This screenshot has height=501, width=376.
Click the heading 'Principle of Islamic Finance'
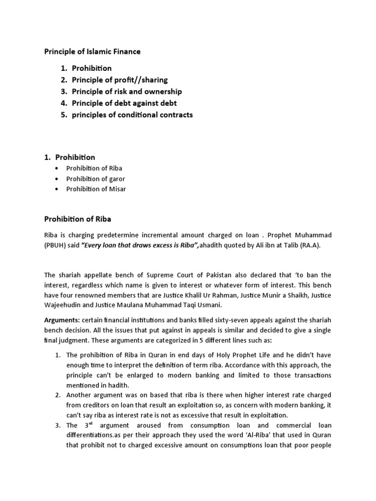[93, 51]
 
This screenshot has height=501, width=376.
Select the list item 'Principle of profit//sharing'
[119, 80]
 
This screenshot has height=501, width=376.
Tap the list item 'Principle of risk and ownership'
[126, 91]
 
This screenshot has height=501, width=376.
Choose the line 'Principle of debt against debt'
[124, 103]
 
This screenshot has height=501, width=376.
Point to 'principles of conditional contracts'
[132, 115]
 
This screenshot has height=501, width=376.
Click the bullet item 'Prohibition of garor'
[96, 179]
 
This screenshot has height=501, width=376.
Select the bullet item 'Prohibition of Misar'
[96, 189]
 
